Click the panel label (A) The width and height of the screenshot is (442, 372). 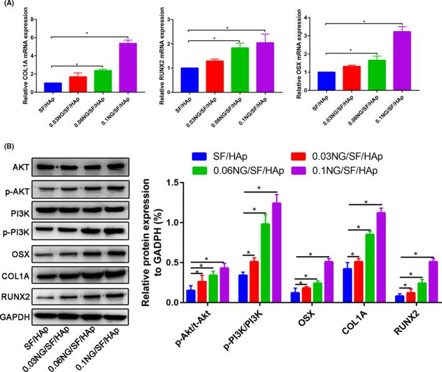10,5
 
